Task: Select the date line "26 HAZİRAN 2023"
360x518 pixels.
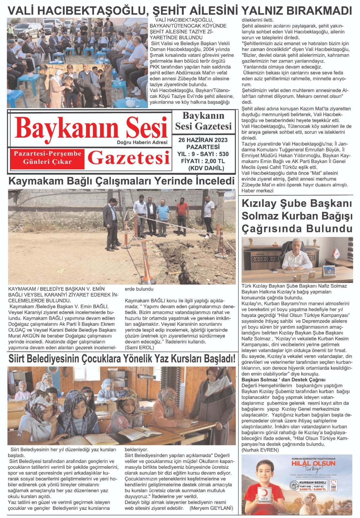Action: (203, 140)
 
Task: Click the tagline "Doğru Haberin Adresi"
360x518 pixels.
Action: (142, 142)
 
